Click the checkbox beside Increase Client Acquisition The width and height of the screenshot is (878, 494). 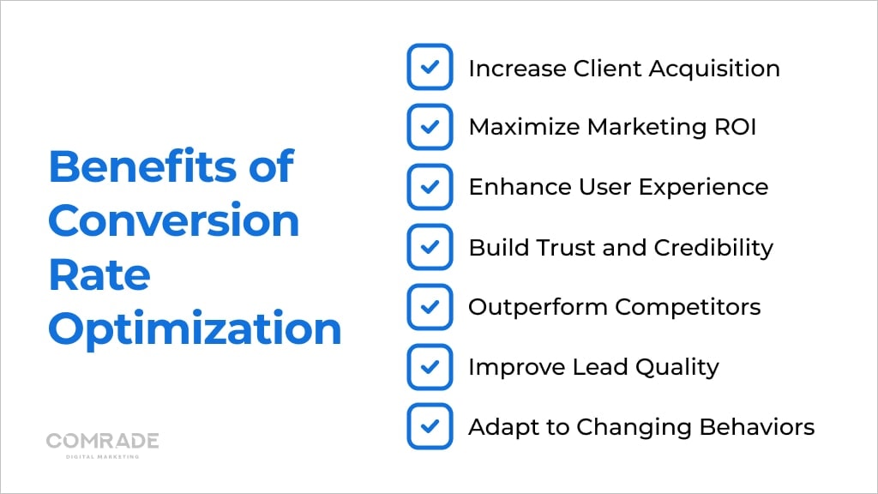coord(430,67)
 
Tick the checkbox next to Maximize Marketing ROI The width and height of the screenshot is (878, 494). coord(430,127)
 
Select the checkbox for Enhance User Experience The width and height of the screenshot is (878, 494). coord(430,187)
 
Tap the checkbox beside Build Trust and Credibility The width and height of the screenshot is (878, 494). coord(430,247)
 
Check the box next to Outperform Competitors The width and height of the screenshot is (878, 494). coord(430,306)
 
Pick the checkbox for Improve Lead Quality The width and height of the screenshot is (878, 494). coord(430,366)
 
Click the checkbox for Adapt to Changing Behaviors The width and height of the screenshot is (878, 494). coord(430,426)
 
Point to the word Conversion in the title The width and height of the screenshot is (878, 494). coord(173,220)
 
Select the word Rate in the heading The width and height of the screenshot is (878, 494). coord(99,274)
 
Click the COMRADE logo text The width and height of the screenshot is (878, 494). coord(102,441)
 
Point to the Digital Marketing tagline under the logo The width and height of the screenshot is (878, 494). coord(102,456)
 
